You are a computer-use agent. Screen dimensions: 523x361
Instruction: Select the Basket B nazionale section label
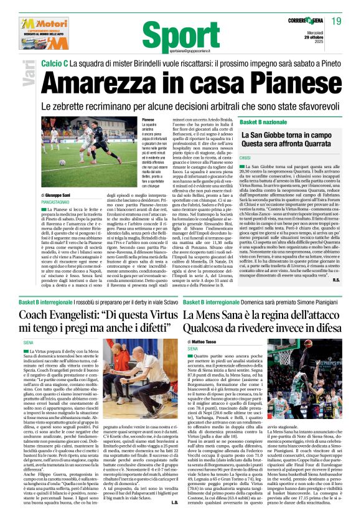point(261,125)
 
